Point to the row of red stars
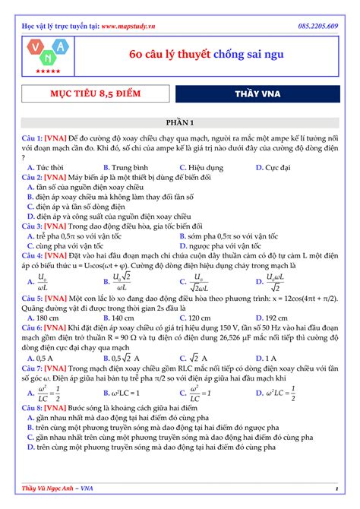point(49,71)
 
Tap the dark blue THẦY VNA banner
point(257,94)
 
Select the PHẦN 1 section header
point(180,122)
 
